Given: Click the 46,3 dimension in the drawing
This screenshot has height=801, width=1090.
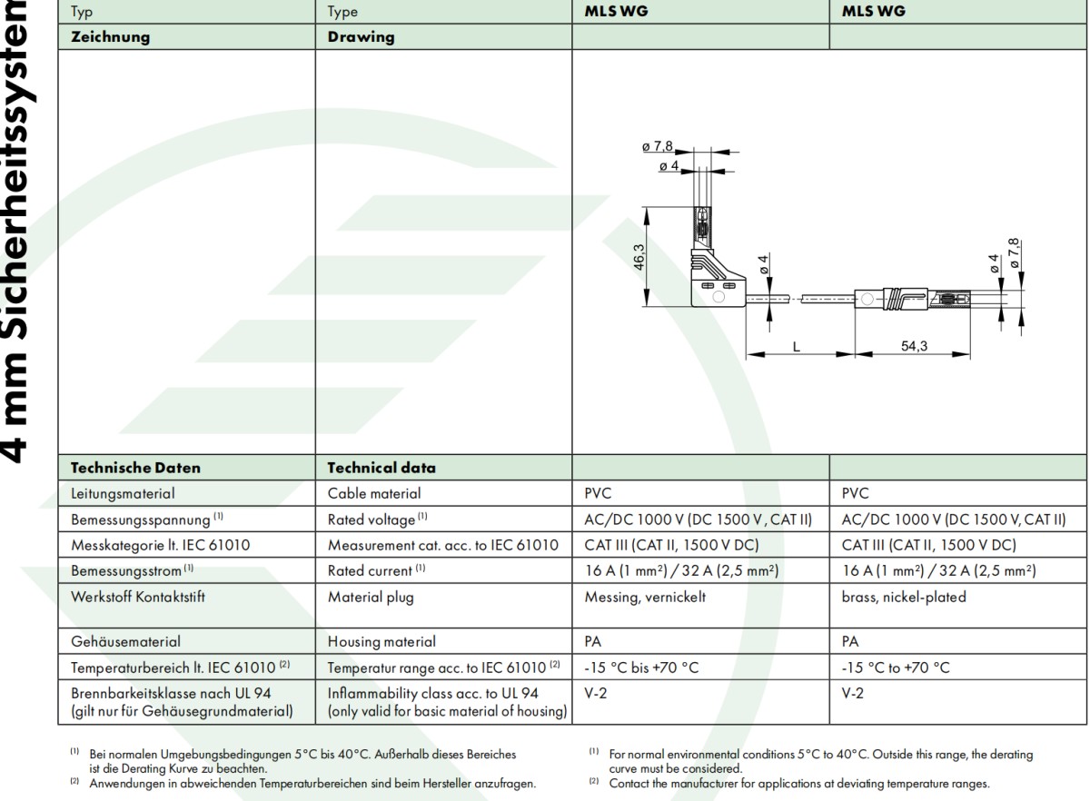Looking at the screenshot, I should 639,258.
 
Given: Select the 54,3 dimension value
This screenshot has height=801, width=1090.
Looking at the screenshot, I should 915,347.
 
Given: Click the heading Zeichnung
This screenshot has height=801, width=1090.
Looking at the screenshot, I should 111,37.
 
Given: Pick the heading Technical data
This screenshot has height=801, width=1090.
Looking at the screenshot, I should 381,469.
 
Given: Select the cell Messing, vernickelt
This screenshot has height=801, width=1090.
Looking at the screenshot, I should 645,598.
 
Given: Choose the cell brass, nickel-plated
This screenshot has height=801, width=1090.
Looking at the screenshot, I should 904,598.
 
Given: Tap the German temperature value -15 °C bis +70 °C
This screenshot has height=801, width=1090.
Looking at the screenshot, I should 642,667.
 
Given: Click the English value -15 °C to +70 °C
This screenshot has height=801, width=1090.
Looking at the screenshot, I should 896,667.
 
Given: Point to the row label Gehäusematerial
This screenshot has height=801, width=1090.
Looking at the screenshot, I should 125,641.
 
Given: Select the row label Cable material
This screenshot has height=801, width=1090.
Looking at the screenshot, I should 374,494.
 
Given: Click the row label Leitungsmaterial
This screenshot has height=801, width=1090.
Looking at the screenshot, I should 123,494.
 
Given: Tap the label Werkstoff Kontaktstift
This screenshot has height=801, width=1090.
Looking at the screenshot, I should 136,598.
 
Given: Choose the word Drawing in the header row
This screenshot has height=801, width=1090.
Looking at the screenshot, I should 362,37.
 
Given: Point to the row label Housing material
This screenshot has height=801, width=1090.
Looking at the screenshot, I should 381,641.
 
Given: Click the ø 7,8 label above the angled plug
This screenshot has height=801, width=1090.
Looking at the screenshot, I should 657,146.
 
